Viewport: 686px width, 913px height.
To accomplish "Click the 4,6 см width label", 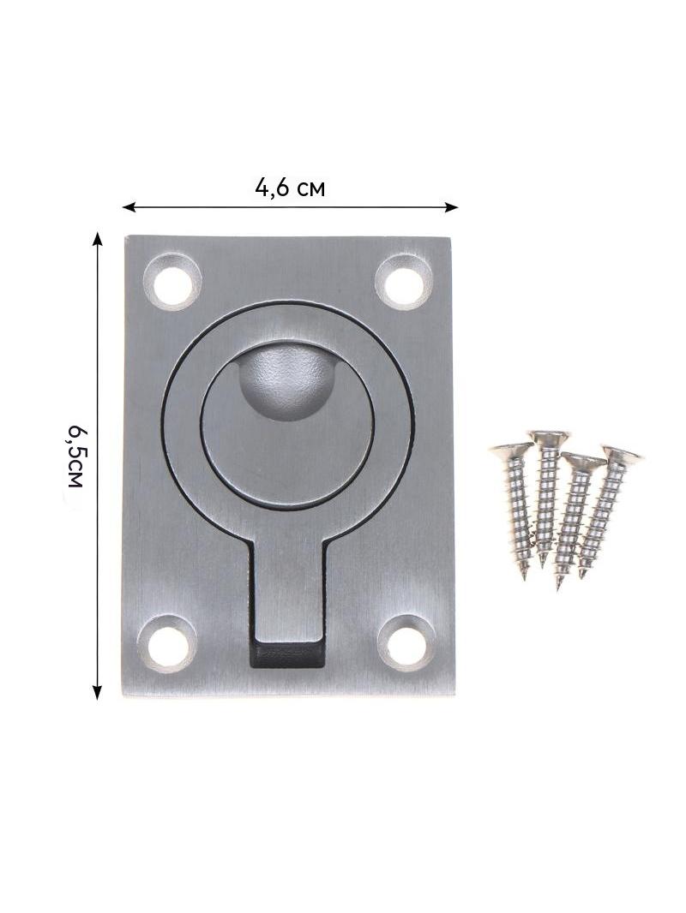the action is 290,188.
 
